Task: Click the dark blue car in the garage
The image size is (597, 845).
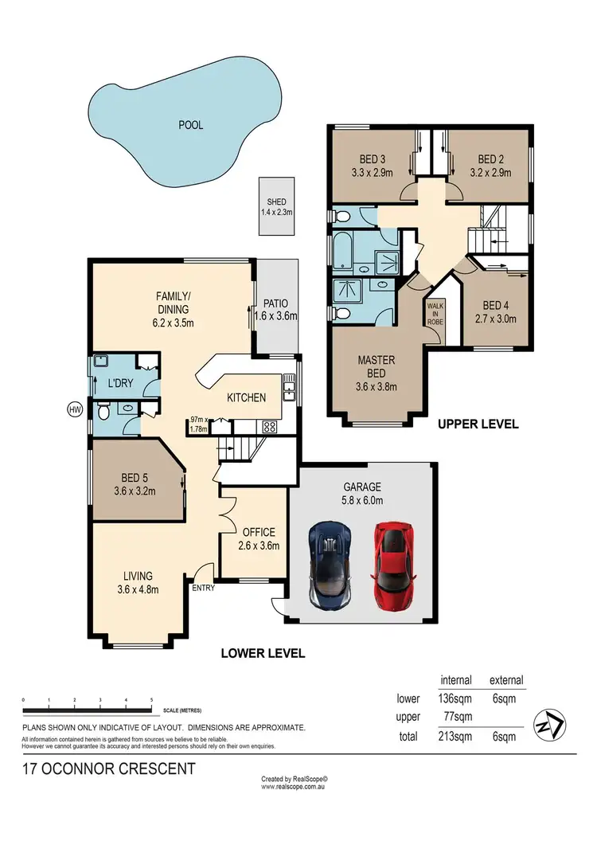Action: (x=331, y=563)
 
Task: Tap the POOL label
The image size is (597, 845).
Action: (x=190, y=125)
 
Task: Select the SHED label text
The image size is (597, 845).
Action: (x=276, y=202)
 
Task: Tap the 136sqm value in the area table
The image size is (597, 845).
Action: (x=455, y=699)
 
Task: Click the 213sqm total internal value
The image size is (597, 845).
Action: (x=455, y=737)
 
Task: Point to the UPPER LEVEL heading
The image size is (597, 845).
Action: (x=478, y=424)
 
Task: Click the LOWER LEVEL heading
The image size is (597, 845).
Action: (x=263, y=653)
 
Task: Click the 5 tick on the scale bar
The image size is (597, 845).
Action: (x=151, y=699)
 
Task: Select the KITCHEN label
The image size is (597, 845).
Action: (x=247, y=397)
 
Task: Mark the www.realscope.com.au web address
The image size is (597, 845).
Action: (x=295, y=787)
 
